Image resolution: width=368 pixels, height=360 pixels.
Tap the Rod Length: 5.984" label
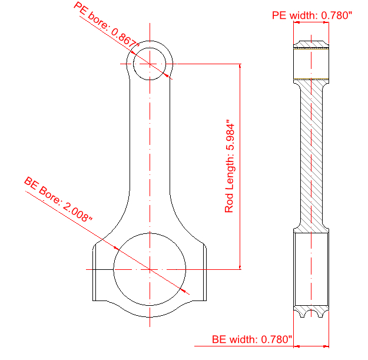pos(230,167)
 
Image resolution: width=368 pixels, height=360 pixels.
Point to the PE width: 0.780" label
pos(311,15)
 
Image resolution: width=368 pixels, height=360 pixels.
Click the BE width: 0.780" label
pos(252,339)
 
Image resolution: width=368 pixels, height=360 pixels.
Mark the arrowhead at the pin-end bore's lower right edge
pos(169,77)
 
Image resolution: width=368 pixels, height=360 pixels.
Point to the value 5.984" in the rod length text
pos(230,139)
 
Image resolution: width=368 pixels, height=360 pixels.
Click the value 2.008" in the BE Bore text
pos(77,210)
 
